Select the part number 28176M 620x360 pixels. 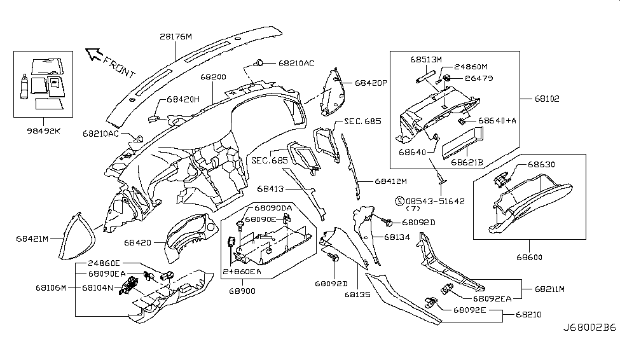(176, 37)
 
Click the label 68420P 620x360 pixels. (371, 83)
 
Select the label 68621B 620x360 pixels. (469, 162)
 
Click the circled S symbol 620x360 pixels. (400, 200)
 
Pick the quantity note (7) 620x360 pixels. (415, 209)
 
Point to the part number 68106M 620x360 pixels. (51, 287)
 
